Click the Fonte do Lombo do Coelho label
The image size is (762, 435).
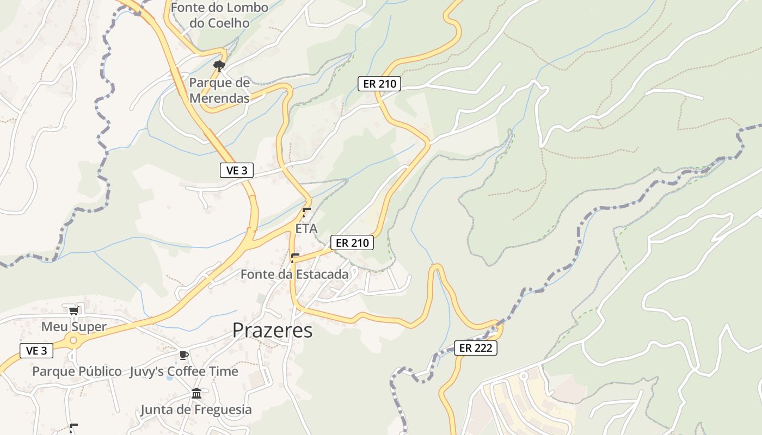(x=219, y=15)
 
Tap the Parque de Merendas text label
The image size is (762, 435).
(x=219, y=90)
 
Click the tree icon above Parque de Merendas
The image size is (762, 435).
(x=219, y=66)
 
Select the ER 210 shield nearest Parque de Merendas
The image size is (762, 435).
(x=379, y=84)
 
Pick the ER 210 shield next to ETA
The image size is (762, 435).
(x=352, y=243)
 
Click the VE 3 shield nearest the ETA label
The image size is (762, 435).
(x=237, y=170)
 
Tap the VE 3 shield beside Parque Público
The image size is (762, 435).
(x=36, y=351)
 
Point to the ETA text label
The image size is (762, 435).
(x=306, y=229)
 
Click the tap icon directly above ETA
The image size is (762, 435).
(x=306, y=212)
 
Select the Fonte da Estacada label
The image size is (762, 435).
(x=294, y=275)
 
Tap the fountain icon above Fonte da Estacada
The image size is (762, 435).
(x=295, y=258)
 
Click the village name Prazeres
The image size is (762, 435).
(x=273, y=331)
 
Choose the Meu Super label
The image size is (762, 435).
(x=74, y=327)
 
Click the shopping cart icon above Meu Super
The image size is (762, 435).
(x=73, y=310)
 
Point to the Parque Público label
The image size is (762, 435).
(x=77, y=371)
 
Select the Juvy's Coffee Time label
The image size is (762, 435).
(x=184, y=371)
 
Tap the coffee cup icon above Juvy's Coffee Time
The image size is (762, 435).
(x=184, y=356)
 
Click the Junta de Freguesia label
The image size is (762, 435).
(x=196, y=409)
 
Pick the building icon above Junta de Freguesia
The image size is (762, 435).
(x=196, y=393)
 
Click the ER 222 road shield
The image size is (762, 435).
(x=476, y=348)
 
